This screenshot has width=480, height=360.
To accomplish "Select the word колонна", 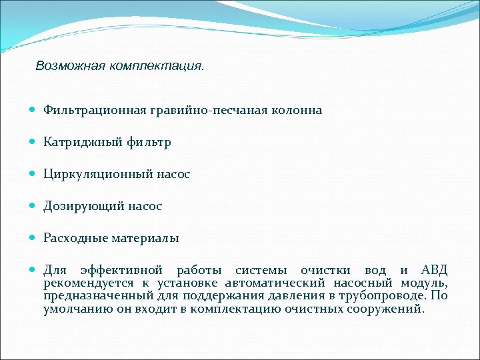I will click(x=296, y=110).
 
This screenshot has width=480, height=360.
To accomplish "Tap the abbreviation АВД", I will click(x=434, y=270).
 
